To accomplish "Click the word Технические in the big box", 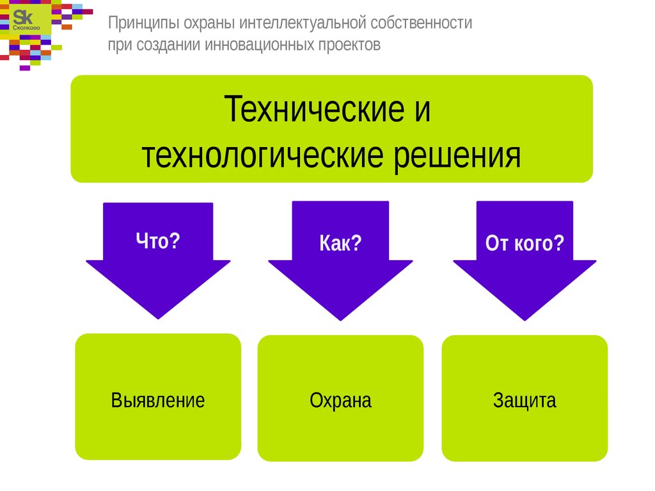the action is (314, 109).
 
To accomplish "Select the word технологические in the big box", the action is (262, 155).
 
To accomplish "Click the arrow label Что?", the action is (158, 240).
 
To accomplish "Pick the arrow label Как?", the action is (340, 243).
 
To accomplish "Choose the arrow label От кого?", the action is (525, 243).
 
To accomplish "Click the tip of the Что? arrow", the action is (158, 319).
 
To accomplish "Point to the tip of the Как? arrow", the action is (340, 321).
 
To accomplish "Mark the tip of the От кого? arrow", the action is (525, 321).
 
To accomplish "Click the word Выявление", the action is (158, 400).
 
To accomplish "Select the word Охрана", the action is (340, 400).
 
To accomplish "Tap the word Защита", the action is (525, 401).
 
